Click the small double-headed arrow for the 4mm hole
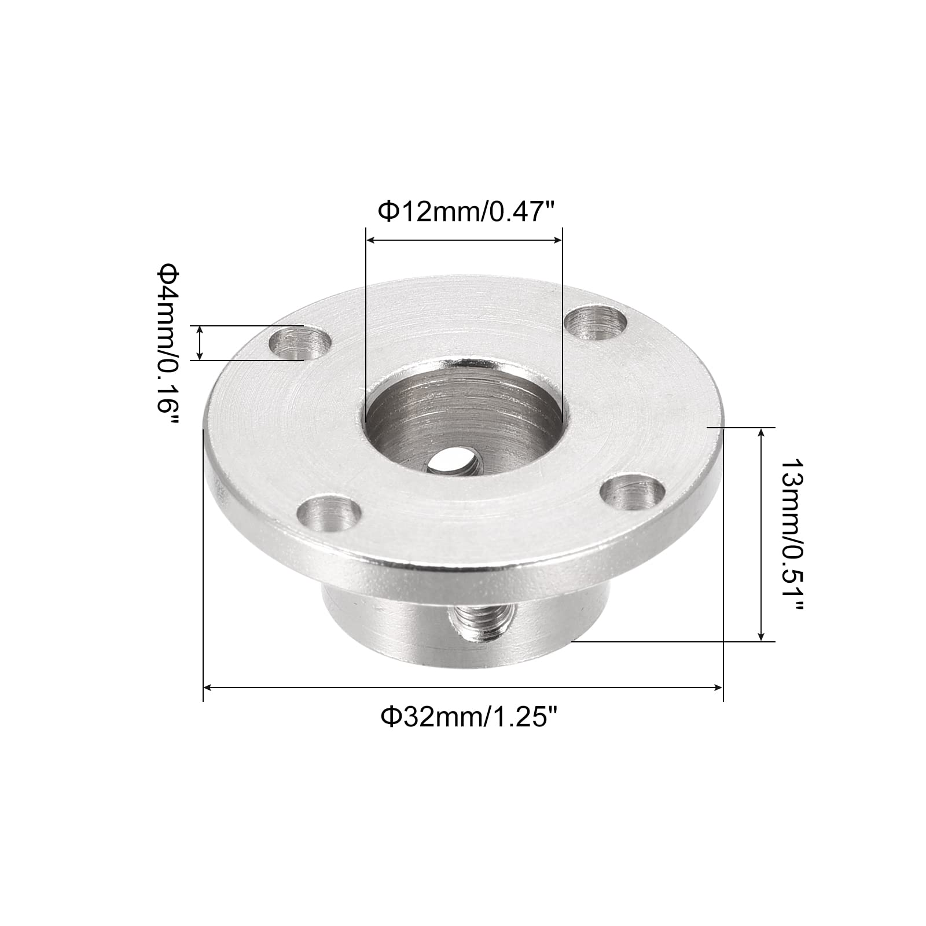point(200,343)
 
